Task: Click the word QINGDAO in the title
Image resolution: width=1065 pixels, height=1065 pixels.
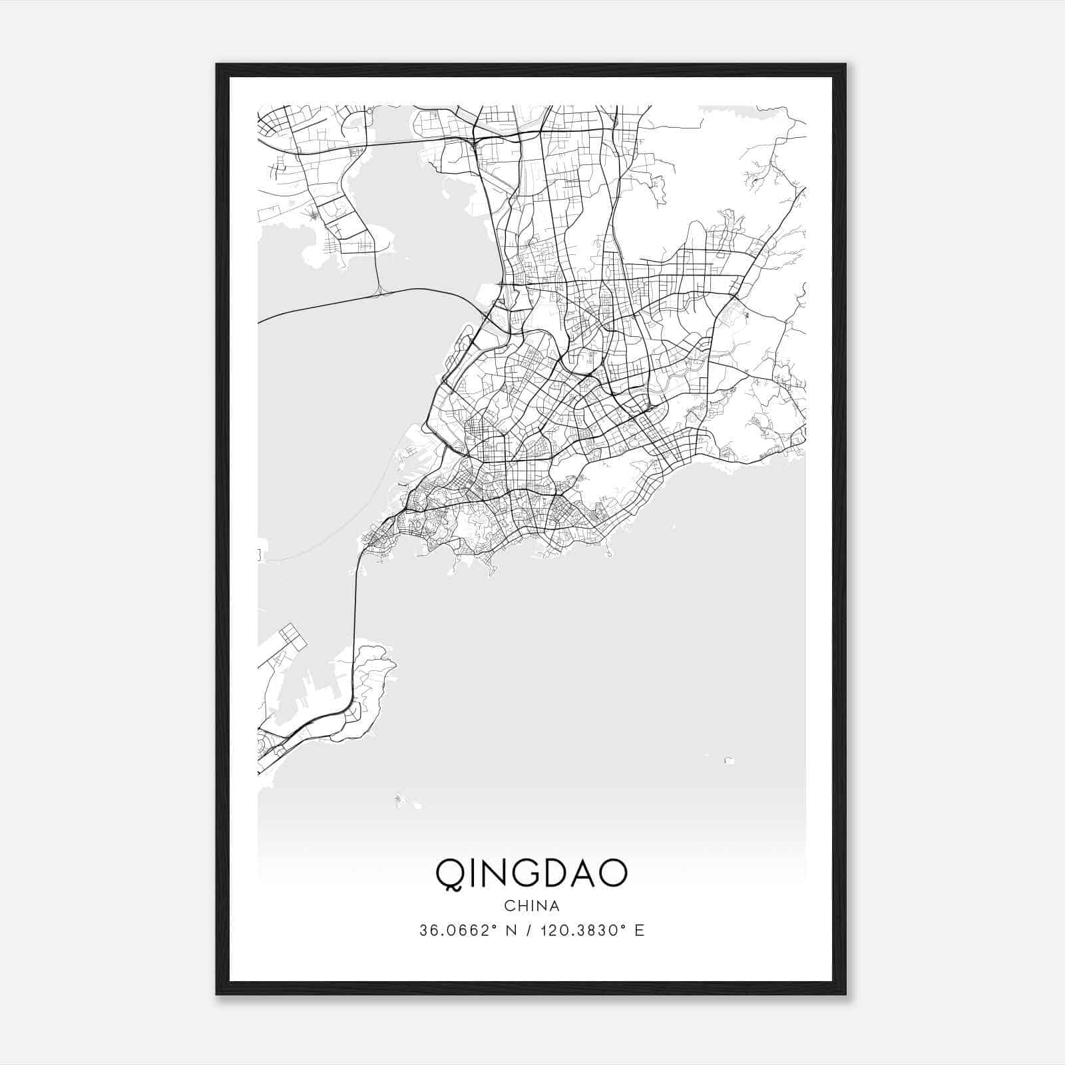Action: (531, 873)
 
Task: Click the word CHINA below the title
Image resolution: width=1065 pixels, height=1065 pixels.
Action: (531, 906)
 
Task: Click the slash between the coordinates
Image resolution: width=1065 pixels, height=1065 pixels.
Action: (530, 931)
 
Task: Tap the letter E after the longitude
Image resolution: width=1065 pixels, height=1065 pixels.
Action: (640, 931)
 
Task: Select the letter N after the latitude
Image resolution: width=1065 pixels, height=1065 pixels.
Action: (511, 931)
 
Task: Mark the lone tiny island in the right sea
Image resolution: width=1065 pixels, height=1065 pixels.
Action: (728, 760)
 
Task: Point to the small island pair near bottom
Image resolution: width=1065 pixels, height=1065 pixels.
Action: (402, 801)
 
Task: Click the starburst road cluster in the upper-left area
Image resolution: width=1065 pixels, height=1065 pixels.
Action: (313, 214)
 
